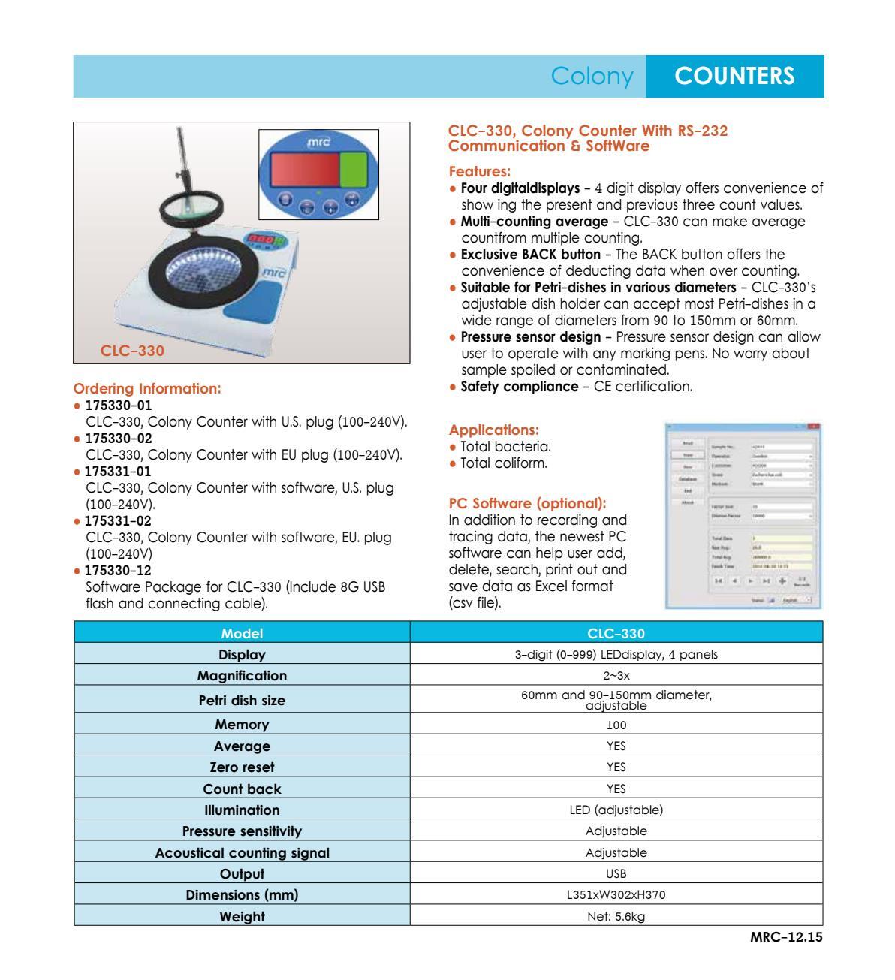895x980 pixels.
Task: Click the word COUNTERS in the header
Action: pyautogui.click(x=734, y=76)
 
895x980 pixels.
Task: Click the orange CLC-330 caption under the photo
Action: pyautogui.click(x=133, y=350)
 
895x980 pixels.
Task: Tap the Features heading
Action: pyautogui.click(x=479, y=171)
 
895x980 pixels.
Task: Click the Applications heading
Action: pyautogui.click(x=493, y=430)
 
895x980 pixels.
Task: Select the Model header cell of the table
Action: pyautogui.click(x=242, y=633)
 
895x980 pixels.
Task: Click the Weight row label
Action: pyautogui.click(x=242, y=916)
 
